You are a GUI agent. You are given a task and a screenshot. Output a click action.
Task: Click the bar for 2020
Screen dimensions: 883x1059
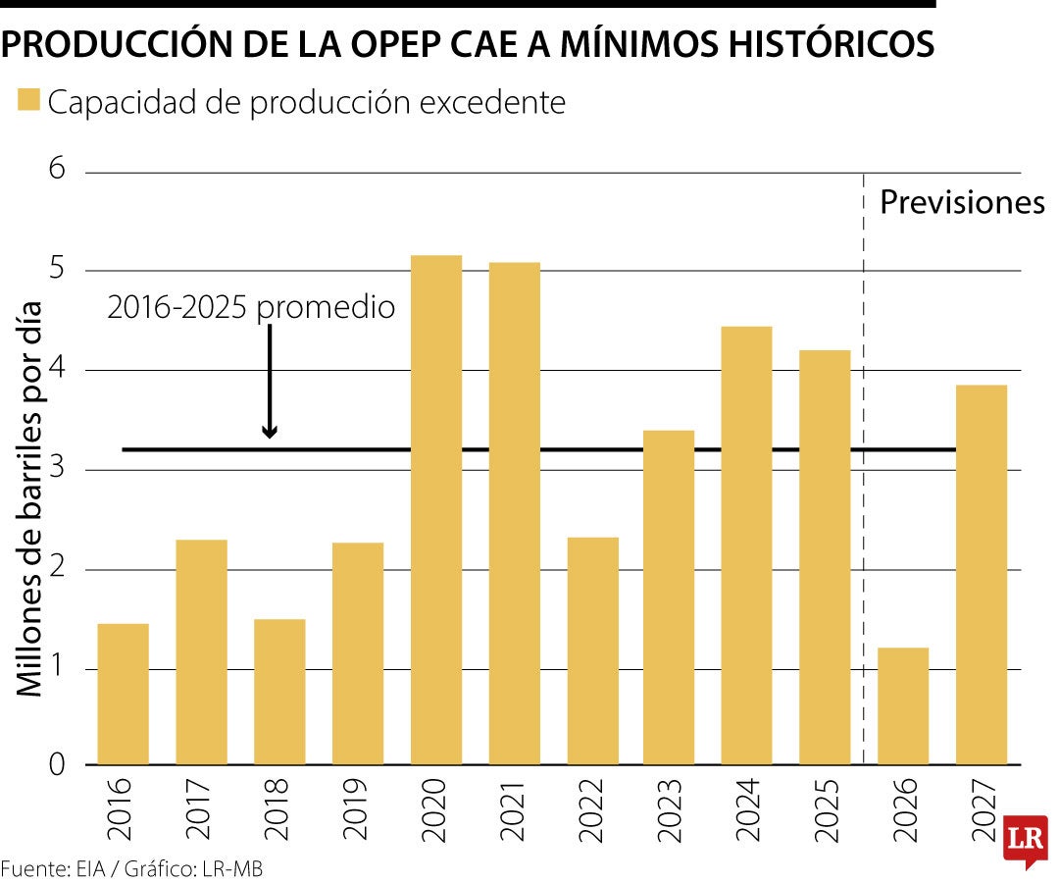pos(436,510)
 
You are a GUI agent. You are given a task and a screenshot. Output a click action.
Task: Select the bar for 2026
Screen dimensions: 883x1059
pos(902,706)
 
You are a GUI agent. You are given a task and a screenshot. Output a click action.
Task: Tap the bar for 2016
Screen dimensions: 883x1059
pos(124,694)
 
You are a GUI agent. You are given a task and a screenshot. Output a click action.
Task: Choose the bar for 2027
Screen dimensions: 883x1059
pos(981,574)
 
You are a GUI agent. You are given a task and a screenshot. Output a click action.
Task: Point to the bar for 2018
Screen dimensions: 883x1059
pos(279,692)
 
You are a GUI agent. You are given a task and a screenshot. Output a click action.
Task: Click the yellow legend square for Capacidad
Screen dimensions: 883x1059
pos(28,100)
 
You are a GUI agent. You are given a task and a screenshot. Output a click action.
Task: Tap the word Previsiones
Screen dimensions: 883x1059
pos(962,203)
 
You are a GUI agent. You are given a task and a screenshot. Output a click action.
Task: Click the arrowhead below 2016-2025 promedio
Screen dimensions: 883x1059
pos(270,432)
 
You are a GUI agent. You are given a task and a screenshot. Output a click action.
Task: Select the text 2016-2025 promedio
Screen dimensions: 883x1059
pos(251,307)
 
